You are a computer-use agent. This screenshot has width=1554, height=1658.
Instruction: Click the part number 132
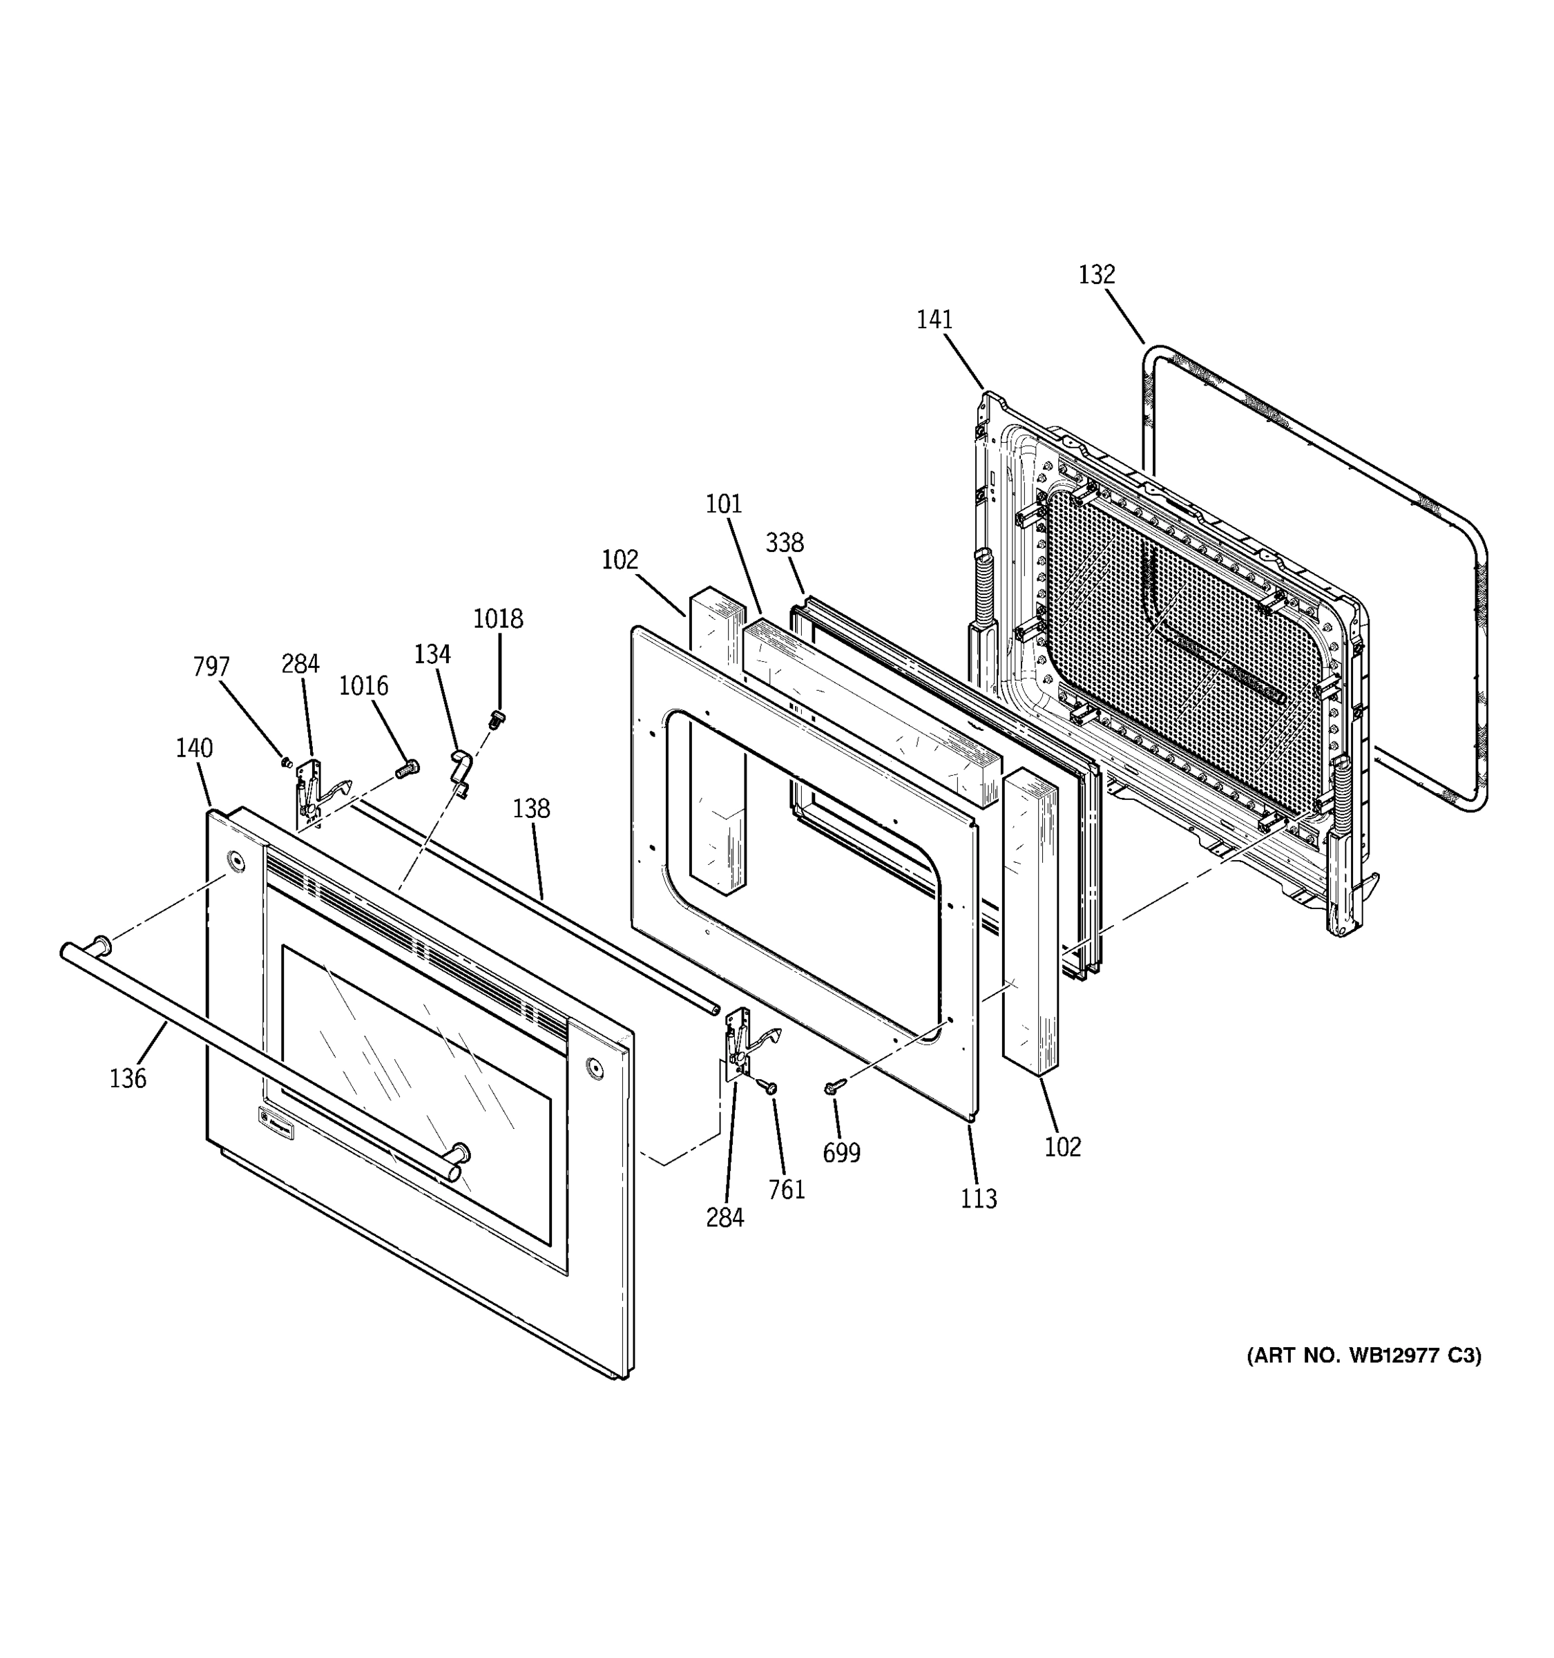[1096, 274]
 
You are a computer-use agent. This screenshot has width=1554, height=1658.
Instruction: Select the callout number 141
[934, 319]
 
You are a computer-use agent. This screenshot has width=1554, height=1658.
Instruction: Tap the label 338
[785, 543]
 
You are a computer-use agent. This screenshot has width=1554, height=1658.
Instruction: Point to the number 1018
[498, 619]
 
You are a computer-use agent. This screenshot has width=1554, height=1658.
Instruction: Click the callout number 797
[211, 667]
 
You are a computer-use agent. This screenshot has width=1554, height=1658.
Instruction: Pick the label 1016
[363, 685]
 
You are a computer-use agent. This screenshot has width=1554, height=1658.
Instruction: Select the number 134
[432, 655]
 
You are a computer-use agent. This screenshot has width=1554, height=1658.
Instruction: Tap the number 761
[786, 1190]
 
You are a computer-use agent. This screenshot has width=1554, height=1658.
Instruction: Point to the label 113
[978, 1199]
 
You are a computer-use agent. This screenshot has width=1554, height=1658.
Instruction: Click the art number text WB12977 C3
[1364, 1356]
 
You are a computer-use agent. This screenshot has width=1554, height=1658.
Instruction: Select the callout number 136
[128, 1078]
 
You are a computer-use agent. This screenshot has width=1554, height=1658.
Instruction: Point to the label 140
[193, 748]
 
